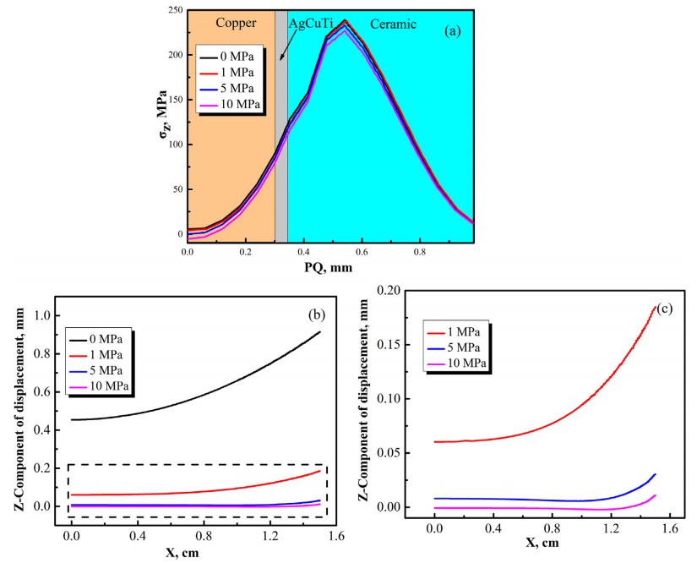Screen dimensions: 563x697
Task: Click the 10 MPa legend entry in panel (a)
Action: point(240,104)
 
